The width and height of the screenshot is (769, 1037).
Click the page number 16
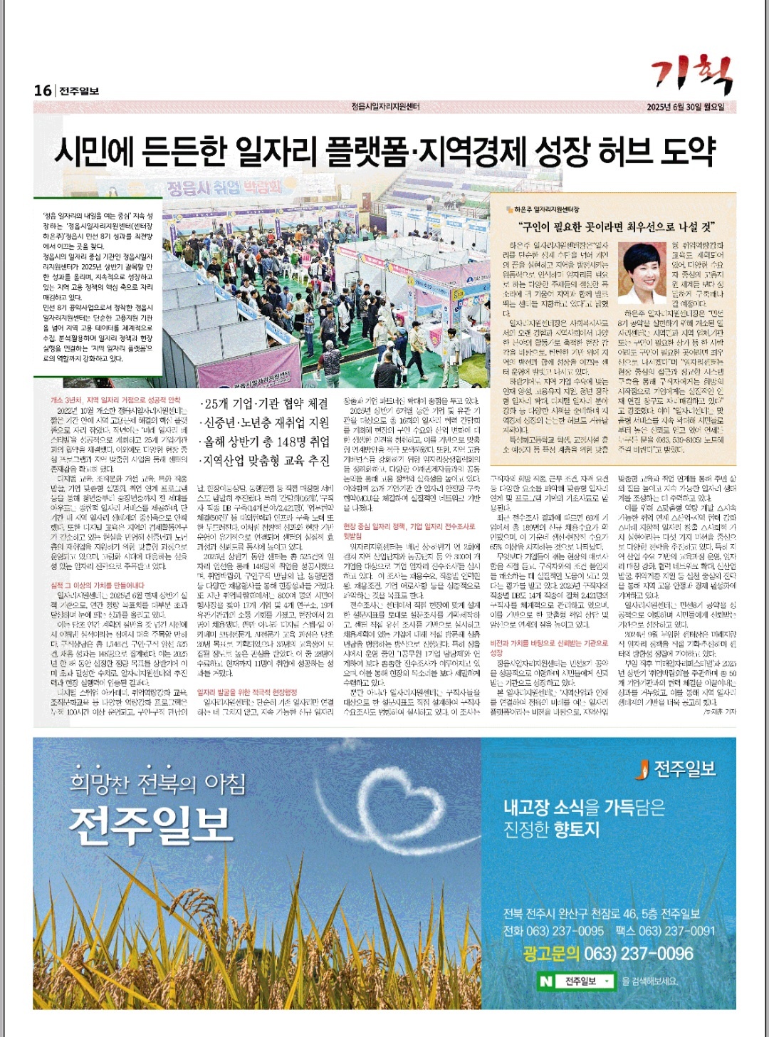pyautogui.click(x=43, y=90)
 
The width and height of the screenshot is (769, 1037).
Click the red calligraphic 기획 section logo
pyautogui.click(x=691, y=74)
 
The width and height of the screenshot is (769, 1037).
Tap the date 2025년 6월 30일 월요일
pyautogui.click(x=685, y=107)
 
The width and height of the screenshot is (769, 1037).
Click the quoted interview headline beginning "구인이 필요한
pyautogui.click(x=617, y=227)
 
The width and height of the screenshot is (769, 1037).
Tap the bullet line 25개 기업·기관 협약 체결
pyautogui.click(x=264, y=405)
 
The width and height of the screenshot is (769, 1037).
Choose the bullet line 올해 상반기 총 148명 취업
pyautogui.click(x=264, y=442)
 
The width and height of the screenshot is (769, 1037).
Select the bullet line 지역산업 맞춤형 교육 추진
pyautogui.click(x=264, y=461)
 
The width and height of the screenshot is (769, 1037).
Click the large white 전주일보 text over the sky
pyautogui.click(x=151, y=823)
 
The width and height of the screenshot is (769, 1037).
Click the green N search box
pyautogui.click(x=576, y=981)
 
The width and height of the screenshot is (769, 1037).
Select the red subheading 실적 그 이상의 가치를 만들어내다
pyautogui.click(x=98, y=585)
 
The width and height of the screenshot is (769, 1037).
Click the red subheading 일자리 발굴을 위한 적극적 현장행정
pyautogui.click(x=247, y=692)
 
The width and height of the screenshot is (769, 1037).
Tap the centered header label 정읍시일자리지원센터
pyautogui.click(x=385, y=107)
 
